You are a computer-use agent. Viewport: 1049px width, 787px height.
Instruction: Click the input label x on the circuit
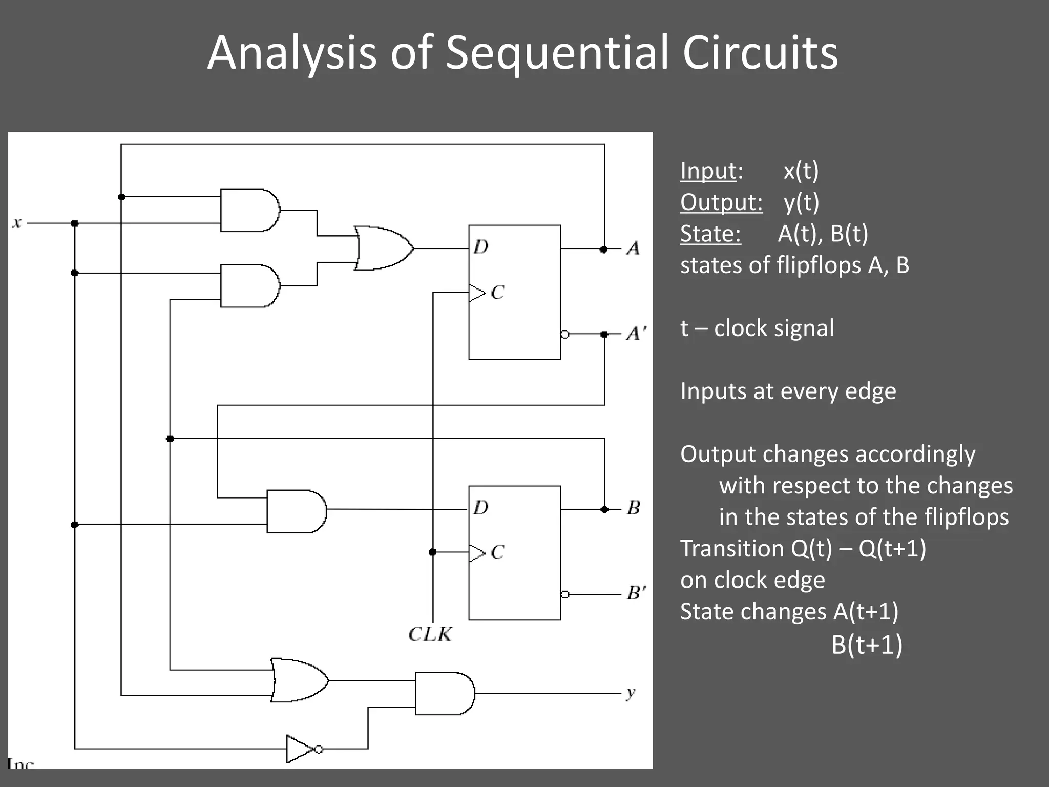click(x=17, y=223)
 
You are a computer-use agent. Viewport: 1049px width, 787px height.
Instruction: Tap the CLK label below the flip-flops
click(x=430, y=634)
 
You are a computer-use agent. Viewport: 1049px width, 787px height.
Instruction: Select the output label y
click(x=631, y=693)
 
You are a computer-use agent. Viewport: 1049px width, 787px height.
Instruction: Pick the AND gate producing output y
click(x=444, y=693)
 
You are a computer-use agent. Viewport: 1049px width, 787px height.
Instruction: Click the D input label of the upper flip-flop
click(x=480, y=247)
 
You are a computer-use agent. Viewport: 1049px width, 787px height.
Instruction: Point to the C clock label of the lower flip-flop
click(x=497, y=552)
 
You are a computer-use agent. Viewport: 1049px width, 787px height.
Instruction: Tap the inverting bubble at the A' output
click(x=565, y=334)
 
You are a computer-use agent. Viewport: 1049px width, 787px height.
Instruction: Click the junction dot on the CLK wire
click(x=433, y=552)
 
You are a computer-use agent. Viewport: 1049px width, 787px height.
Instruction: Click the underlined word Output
click(x=721, y=202)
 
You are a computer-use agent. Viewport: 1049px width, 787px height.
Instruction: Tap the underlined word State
click(x=710, y=234)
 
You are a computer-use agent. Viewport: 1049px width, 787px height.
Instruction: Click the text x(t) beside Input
click(x=801, y=171)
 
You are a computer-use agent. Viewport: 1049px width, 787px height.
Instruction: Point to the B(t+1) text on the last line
click(x=867, y=644)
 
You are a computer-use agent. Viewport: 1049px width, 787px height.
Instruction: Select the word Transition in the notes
click(x=731, y=548)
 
